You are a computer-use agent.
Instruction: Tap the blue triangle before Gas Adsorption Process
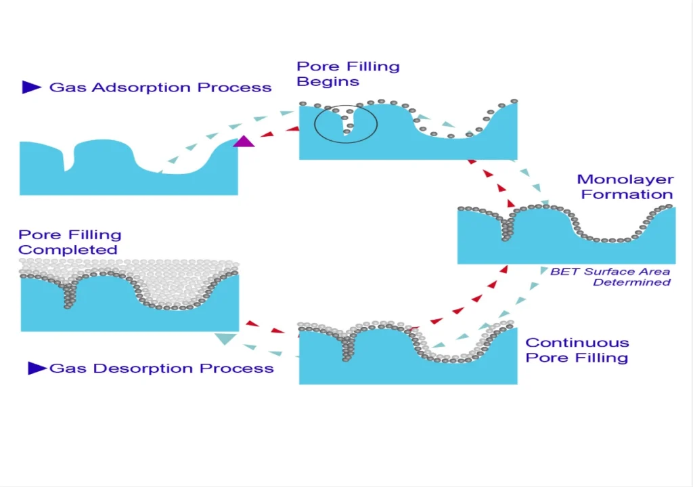click(x=31, y=87)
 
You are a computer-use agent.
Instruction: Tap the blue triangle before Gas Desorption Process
click(x=37, y=368)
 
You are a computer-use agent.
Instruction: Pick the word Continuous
click(x=577, y=343)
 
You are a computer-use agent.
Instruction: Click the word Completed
click(x=68, y=250)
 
